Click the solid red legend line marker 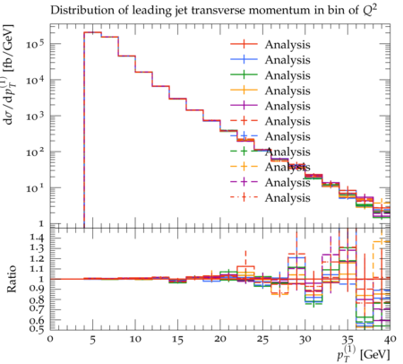[244, 44]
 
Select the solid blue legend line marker [244, 59]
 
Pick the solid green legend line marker [244, 74]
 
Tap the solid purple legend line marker [244, 105]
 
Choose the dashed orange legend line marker [244, 167]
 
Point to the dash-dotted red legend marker [244, 197]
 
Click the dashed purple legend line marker [244, 182]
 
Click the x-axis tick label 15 [177, 340]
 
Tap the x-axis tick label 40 [390, 339]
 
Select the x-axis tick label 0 [50, 339]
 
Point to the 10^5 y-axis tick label [36, 44]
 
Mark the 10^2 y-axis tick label [36, 152]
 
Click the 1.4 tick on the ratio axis [37, 238]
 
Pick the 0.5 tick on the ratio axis [37, 329]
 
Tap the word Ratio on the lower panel [11, 279]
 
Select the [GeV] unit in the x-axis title [375, 355]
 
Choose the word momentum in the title [275, 11]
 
